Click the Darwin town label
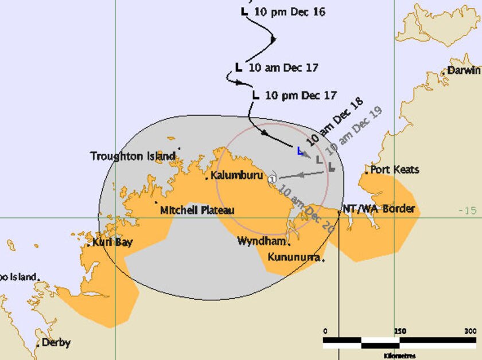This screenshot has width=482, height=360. pos(464,71)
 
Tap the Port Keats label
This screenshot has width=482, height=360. pos(394,170)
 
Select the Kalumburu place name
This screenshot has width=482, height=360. pos(235,175)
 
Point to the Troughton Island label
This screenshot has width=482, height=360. pos(133,156)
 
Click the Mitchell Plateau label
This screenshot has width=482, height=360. pos(197,210)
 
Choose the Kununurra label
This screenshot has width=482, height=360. pos(293,257)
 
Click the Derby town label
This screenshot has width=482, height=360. pos(56,343)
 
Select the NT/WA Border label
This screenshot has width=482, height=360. pos(378,208)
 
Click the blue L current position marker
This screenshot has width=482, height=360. pos(300,151)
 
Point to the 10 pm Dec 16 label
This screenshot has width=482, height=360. pos(290,11)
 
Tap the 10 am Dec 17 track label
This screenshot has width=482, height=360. pos(283,67)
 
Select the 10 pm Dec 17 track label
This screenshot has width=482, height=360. pos(301,95)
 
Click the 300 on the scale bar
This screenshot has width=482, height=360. pos(470,331)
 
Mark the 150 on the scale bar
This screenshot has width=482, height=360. pos(400,331)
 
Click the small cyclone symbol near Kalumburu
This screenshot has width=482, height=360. pos(272,179)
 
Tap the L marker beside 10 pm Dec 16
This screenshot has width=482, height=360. pos(244,11)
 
